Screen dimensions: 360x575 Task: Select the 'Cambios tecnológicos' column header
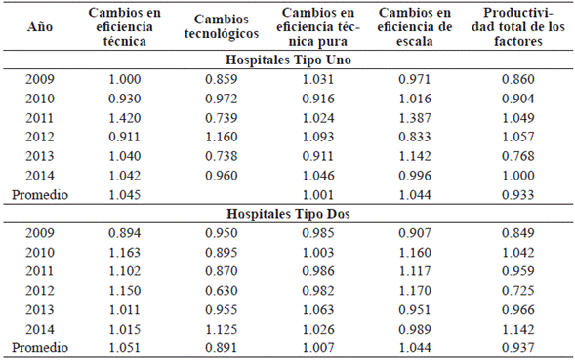click(222, 28)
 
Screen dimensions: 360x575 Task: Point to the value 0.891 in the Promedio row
click(222, 346)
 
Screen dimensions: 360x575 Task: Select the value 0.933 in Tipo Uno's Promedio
click(517, 195)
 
